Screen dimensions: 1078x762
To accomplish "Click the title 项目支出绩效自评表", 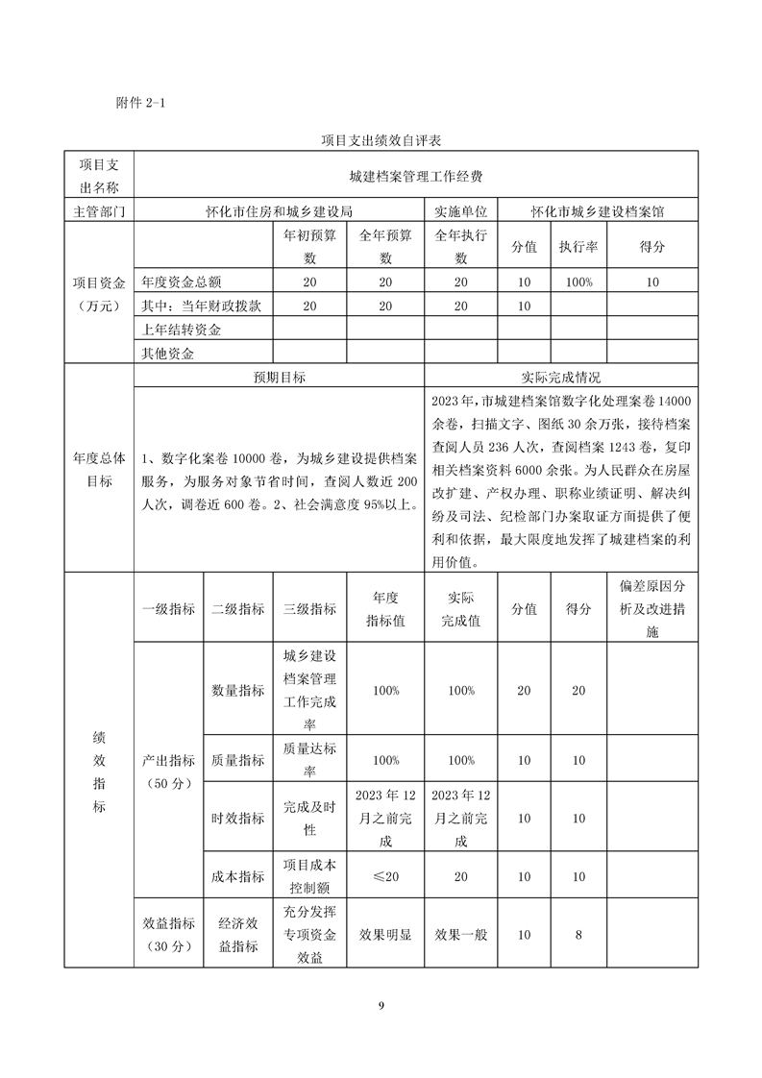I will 381,141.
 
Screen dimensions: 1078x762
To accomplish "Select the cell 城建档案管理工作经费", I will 415,177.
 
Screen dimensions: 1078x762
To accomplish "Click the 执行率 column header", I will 578,247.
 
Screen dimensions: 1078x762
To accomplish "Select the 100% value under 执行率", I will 578,282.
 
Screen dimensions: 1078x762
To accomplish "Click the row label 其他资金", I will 168,354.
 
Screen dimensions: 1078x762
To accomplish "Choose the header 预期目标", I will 279,378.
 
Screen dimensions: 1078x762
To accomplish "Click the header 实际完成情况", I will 560,378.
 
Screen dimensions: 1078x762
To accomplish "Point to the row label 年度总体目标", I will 99,470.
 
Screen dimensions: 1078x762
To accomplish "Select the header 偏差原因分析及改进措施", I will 652,609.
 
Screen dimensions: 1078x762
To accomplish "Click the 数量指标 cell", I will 238,691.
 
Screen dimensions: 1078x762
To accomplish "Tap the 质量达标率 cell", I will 309,759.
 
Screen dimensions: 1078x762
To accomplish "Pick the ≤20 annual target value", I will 384,876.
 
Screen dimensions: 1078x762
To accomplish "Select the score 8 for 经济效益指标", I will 578,934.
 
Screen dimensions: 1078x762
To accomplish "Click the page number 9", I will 381,1005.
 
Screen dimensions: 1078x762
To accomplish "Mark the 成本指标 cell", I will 238,876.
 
